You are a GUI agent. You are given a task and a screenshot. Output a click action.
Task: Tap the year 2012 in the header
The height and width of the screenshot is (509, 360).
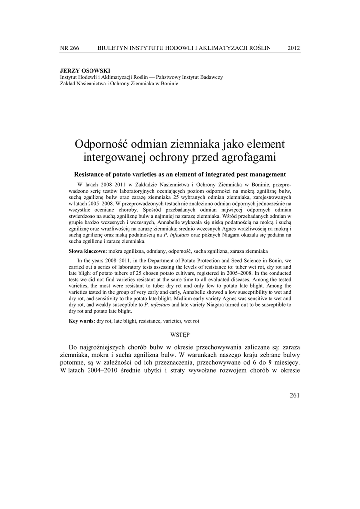click(x=294, y=48)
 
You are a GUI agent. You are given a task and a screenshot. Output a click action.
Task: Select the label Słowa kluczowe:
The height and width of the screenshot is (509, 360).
click(x=88, y=251)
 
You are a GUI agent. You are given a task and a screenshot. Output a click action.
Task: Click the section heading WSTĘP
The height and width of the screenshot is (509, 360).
click(x=180, y=336)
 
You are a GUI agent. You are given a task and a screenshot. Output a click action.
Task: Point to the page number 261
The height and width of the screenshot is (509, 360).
click(x=294, y=395)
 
